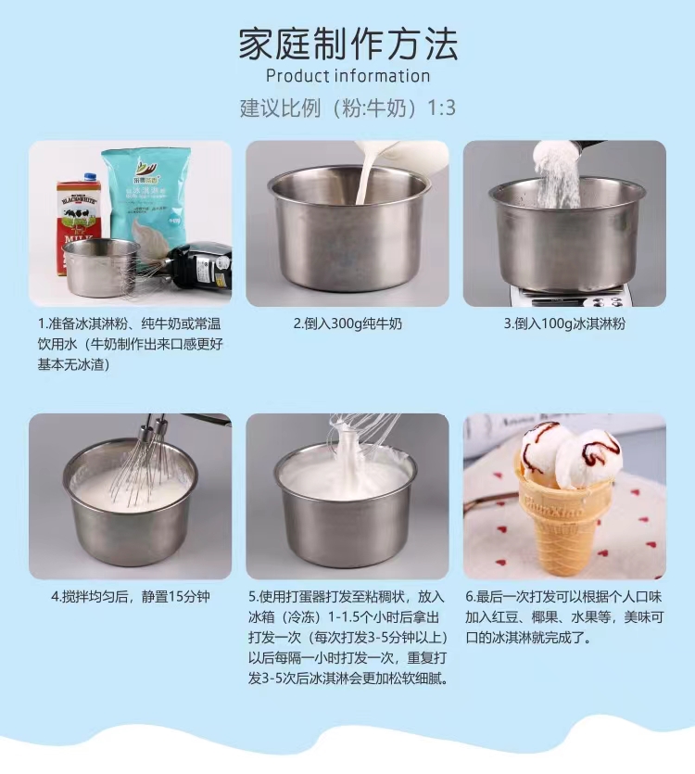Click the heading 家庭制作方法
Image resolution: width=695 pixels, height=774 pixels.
coord(347,44)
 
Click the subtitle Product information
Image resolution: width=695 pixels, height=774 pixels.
coord(347,76)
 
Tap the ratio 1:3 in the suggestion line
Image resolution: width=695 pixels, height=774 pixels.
coord(441,108)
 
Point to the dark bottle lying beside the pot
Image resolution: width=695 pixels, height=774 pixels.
coord(199,264)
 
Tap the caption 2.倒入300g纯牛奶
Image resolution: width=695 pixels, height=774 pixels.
coord(347,324)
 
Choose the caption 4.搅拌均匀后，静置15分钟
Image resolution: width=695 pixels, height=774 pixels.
coord(130,596)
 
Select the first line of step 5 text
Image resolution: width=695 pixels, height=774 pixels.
coord(347,596)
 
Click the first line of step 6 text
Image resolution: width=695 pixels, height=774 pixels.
coord(563,596)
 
